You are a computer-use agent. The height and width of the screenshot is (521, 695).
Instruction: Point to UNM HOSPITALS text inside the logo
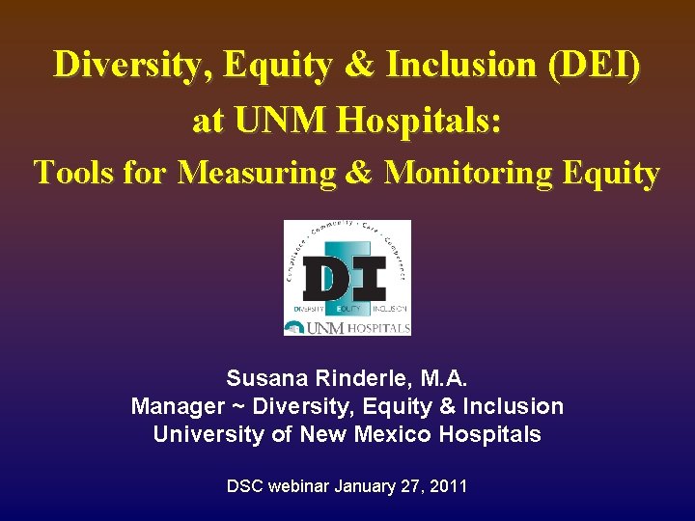tap(358, 328)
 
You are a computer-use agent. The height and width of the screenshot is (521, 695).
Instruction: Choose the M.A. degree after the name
tap(447, 378)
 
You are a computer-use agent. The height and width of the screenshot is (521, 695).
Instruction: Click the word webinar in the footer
tap(294, 486)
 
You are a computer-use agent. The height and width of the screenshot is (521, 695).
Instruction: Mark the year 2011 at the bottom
tap(448, 486)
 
